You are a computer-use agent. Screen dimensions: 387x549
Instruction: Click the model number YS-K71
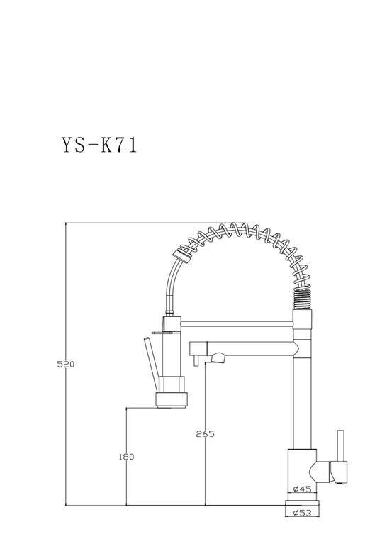pos(100,145)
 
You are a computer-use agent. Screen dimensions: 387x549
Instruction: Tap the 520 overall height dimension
pos(66,365)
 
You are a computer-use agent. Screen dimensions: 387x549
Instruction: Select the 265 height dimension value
pos(205,434)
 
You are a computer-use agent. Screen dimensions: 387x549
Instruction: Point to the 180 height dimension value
pos(126,457)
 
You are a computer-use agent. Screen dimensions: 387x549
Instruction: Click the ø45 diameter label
pos(302,489)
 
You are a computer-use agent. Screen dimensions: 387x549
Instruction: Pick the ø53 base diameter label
pos(302,513)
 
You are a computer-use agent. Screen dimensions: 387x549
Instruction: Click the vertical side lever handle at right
pos(340,445)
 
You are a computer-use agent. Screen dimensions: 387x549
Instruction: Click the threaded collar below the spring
pos(302,299)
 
